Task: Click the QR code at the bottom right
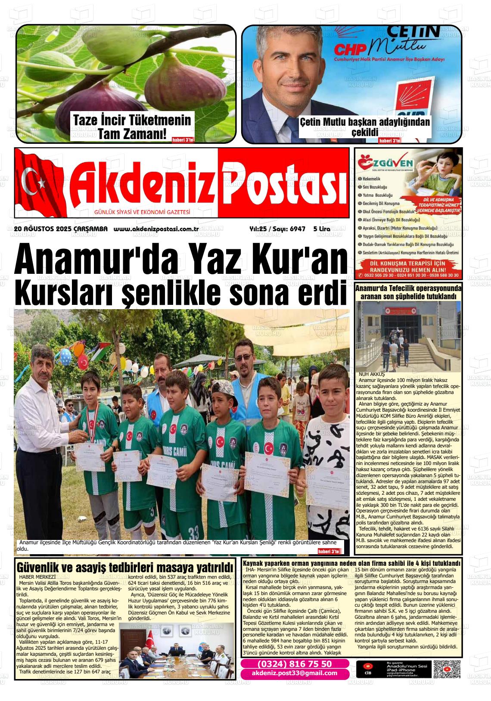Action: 447,669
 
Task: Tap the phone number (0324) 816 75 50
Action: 295,664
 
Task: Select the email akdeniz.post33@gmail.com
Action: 295,673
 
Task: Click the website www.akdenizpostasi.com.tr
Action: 156,229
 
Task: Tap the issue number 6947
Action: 297,229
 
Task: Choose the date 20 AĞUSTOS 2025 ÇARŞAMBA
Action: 61,229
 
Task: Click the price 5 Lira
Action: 321,229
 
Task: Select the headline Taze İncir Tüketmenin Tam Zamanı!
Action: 132,127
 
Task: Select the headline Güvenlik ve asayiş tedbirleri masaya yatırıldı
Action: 125,566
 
